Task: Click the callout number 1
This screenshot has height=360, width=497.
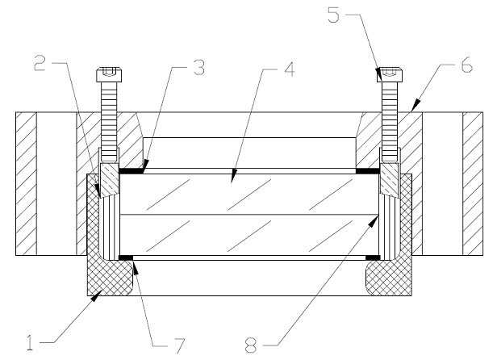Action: tap(30, 342)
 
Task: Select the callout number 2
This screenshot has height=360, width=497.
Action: tap(40, 63)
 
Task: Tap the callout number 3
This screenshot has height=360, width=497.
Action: tap(199, 67)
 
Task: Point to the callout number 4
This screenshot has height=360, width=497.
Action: tap(290, 69)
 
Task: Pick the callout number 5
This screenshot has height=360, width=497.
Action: tap(333, 15)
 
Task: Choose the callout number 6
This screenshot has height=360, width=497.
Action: tap(466, 65)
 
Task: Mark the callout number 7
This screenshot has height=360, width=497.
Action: tap(178, 345)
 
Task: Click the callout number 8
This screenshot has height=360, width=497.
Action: tap(251, 345)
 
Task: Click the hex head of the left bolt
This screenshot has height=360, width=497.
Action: tap(109, 74)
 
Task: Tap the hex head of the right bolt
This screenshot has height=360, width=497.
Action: tap(390, 74)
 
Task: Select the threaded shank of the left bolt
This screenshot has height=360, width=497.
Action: tap(109, 121)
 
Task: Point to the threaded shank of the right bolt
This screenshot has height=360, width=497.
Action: tap(390, 121)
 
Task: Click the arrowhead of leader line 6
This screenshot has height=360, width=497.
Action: tap(416, 105)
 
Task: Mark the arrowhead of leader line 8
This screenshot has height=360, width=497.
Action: tap(374, 220)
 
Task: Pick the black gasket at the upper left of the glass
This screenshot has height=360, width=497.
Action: tap(132, 171)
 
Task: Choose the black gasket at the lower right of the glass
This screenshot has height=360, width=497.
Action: tap(373, 257)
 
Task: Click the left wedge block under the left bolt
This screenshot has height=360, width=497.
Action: tap(110, 179)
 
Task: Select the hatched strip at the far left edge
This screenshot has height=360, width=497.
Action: tap(26, 183)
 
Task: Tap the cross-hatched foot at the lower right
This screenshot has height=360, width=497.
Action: tap(389, 278)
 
